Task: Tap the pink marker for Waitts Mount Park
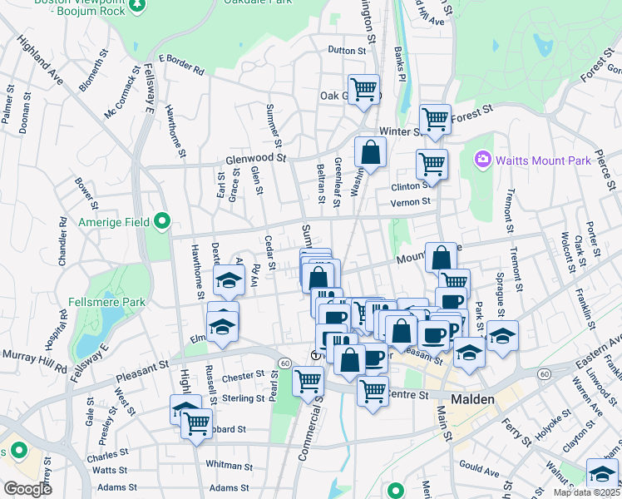click(x=482, y=159)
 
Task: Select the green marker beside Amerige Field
click(x=163, y=222)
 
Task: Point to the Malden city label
click(x=473, y=399)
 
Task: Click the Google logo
click(x=28, y=489)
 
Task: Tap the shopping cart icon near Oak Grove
click(x=363, y=89)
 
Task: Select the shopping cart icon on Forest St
click(x=435, y=119)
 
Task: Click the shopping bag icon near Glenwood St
click(x=370, y=152)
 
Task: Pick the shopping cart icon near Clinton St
click(x=432, y=164)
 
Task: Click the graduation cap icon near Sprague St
click(x=502, y=336)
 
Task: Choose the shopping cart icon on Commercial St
click(x=309, y=381)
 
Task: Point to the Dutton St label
click(x=347, y=51)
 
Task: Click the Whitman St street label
click(x=224, y=464)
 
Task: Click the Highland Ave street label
click(x=40, y=62)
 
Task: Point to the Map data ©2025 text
click(x=588, y=492)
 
